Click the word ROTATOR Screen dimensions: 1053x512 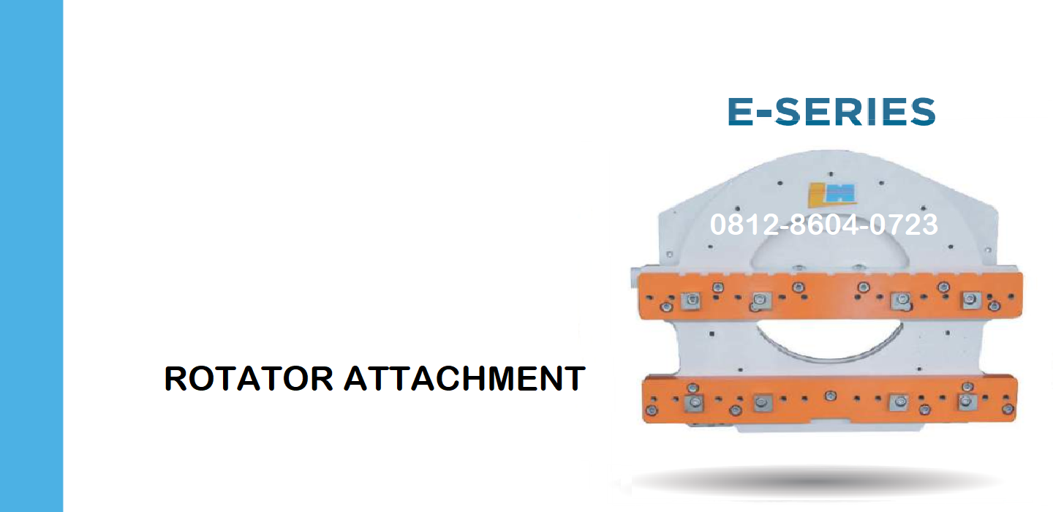pyautogui.click(x=249, y=378)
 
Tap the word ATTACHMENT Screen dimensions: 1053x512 pyautogui.click(x=464, y=378)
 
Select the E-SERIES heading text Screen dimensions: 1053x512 pyautogui.click(x=831, y=112)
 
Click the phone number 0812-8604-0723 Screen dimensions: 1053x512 pyautogui.click(x=823, y=225)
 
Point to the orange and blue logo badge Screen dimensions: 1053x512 pyautogui.click(x=832, y=194)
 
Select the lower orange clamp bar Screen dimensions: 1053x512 pyautogui.click(x=830, y=399)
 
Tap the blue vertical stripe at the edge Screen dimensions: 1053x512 pyautogui.click(x=31, y=256)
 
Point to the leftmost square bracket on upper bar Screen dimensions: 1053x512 pyautogui.click(x=691, y=300)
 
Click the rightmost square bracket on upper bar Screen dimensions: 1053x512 pyautogui.click(x=971, y=299)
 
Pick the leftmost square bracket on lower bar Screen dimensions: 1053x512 pyautogui.click(x=694, y=403)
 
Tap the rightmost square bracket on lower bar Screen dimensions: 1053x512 pyautogui.click(x=967, y=402)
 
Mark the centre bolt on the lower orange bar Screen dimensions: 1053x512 pyautogui.click(x=831, y=396)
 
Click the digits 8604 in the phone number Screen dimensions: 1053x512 pyautogui.click(x=823, y=225)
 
